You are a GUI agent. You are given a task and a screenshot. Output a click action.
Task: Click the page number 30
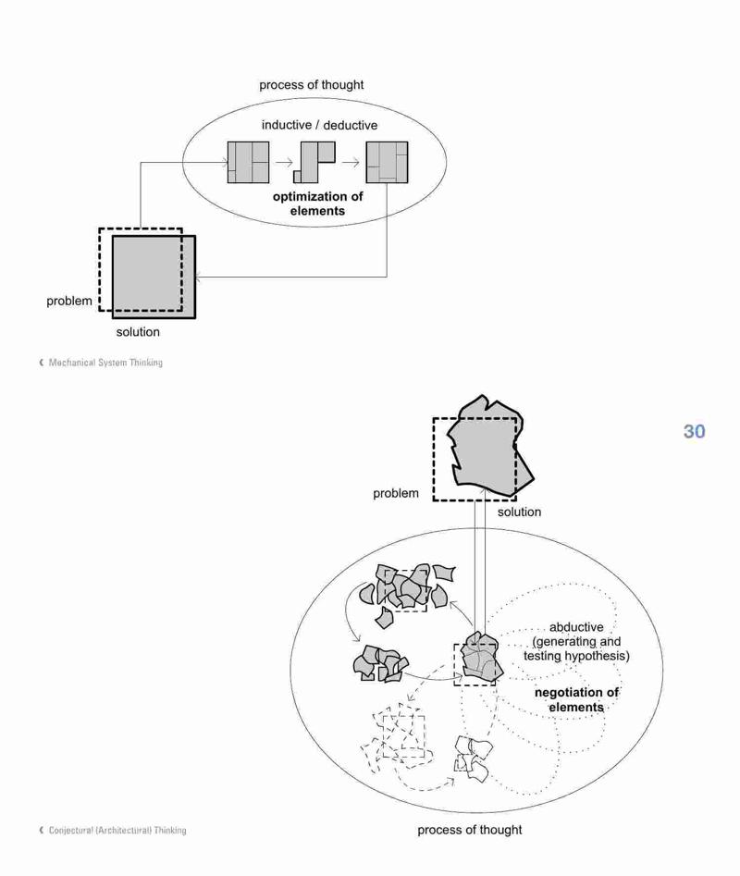[x=694, y=431]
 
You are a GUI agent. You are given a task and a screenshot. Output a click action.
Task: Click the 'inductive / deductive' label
[x=319, y=125]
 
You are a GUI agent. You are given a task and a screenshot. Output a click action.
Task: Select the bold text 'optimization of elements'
[x=318, y=204]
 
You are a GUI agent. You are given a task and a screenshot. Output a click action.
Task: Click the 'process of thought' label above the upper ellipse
[x=311, y=85]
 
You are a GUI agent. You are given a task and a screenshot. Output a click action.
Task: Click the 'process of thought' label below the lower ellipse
[x=470, y=830]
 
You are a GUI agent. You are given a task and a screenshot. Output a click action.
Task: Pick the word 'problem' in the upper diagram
[x=69, y=302]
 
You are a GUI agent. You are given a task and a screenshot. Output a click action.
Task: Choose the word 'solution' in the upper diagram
[x=138, y=332]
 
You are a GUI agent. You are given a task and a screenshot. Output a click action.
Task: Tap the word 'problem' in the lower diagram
[x=396, y=493]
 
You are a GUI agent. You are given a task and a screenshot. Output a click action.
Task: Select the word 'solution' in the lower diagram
[x=520, y=512]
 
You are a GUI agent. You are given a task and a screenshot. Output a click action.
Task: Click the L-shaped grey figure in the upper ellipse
[x=314, y=162]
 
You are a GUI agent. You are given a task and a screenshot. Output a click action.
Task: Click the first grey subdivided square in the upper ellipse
[x=248, y=162]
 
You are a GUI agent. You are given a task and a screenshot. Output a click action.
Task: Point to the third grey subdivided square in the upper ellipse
[x=387, y=162]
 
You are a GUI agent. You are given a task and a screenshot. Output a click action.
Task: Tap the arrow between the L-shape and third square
[x=351, y=163]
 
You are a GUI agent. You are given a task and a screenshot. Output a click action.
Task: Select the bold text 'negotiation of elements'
[x=576, y=700]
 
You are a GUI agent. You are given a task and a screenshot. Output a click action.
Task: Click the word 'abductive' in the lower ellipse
[x=576, y=627]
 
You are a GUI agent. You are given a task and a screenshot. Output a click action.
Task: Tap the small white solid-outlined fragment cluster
[x=473, y=759]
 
